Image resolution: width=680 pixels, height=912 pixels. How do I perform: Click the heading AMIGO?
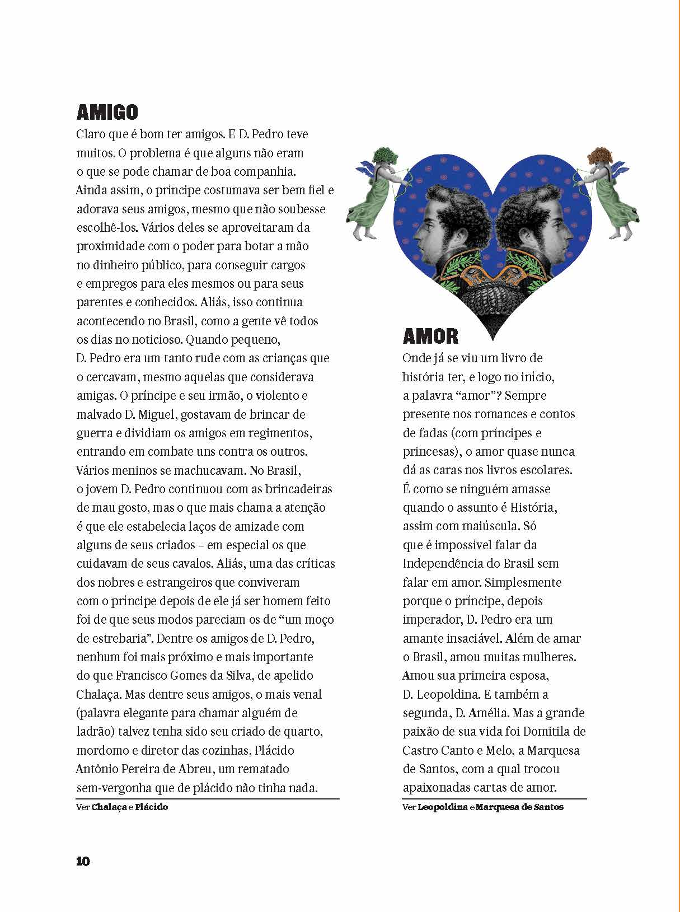107,112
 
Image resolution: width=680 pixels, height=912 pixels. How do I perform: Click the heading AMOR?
430,336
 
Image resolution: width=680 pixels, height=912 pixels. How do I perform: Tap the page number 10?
83,861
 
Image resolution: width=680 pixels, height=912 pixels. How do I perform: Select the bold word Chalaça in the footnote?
109,807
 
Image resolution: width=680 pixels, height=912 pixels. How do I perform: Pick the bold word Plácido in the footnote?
151,807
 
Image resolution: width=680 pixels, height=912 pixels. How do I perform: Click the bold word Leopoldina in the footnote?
442,807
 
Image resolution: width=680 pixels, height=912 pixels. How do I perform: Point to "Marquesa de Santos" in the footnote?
519,807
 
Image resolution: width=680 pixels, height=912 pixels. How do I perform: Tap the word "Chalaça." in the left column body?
99,694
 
